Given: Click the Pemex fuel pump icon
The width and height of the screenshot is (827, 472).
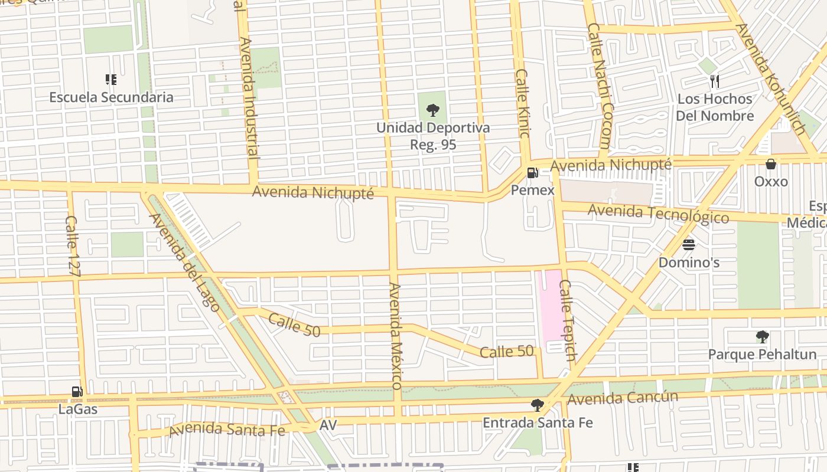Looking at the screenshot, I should pyautogui.click(x=532, y=173).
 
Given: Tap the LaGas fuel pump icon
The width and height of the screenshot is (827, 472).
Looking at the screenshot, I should pyautogui.click(x=77, y=392).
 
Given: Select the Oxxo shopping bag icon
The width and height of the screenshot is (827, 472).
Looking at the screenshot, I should pyautogui.click(x=770, y=164).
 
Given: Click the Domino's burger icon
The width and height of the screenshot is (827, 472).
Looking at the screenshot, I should pyautogui.click(x=688, y=244).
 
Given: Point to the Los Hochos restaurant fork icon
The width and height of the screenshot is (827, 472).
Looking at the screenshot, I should pyautogui.click(x=715, y=81).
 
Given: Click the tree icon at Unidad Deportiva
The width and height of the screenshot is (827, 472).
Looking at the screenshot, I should pyautogui.click(x=433, y=110).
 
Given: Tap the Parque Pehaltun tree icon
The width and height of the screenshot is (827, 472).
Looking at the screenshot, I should pyautogui.click(x=762, y=337).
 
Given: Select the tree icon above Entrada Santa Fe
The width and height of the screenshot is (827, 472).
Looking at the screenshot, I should pyautogui.click(x=537, y=405).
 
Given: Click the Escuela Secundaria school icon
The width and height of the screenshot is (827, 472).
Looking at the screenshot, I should pyautogui.click(x=110, y=79).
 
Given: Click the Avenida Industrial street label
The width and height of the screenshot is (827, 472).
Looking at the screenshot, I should pyautogui.click(x=250, y=98).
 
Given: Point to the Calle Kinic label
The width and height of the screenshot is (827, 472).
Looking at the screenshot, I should pyautogui.click(x=522, y=103).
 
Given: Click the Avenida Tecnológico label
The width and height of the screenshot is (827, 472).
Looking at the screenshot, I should pyautogui.click(x=658, y=213).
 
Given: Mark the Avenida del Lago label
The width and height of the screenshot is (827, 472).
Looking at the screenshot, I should pyautogui.click(x=184, y=262).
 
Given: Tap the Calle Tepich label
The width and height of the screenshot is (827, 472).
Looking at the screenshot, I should pyautogui.click(x=566, y=320).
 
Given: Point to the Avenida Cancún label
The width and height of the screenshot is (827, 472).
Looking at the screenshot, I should pyautogui.click(x=622, y=399).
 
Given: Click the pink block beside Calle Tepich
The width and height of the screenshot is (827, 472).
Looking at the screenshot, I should pyautogui.click(x=551, y=307).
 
